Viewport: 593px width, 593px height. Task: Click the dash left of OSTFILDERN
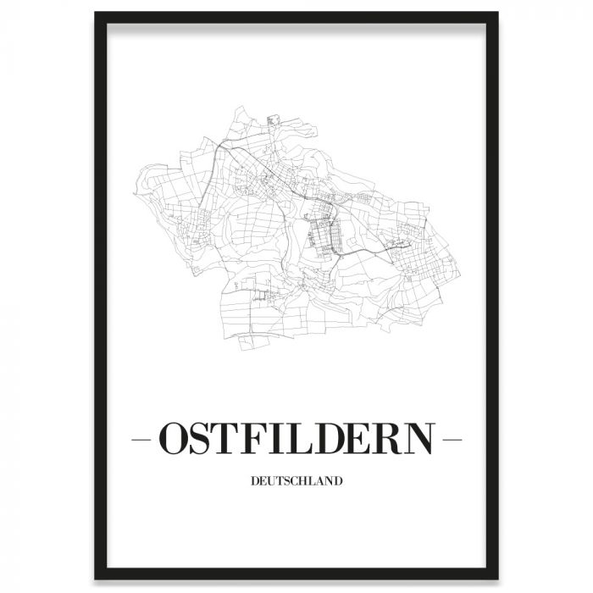click(144, 441)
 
